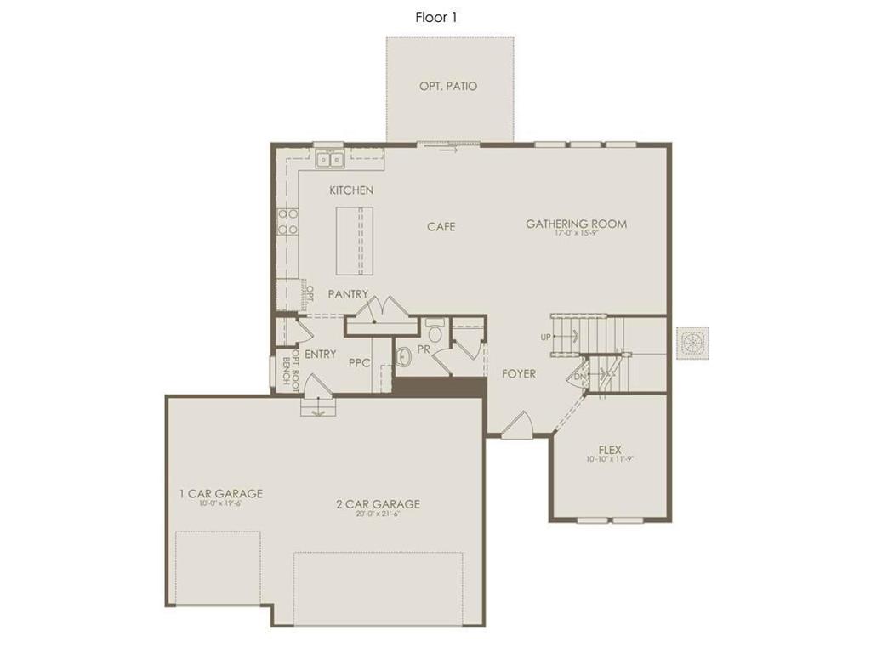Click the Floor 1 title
click(x=436, y=17)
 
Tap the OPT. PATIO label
click(x=448, y=86)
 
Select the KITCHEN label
click(x=351, y=190)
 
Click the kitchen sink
click(x=329, y=159)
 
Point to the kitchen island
click(x=354, y=241)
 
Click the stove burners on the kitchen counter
click(x=287, y=221)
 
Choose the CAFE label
click(x=441, y=226)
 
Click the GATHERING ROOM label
click(x=576, y=224)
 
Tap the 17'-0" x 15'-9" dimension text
click(x=577, y=233)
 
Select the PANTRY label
click(x=349, y=294)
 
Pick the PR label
click(x=423, y=350)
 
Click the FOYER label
click(x=518, y=373)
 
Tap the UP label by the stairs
click(x=545, y=338)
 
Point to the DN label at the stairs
click(x=579, y=376)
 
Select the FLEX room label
click(x=610, y=450)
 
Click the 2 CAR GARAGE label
click(x=378, y=504)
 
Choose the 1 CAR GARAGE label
click(x=220, y=493)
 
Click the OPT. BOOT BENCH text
click(x=290, y=366)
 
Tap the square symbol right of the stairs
click(x=692, y=343)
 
